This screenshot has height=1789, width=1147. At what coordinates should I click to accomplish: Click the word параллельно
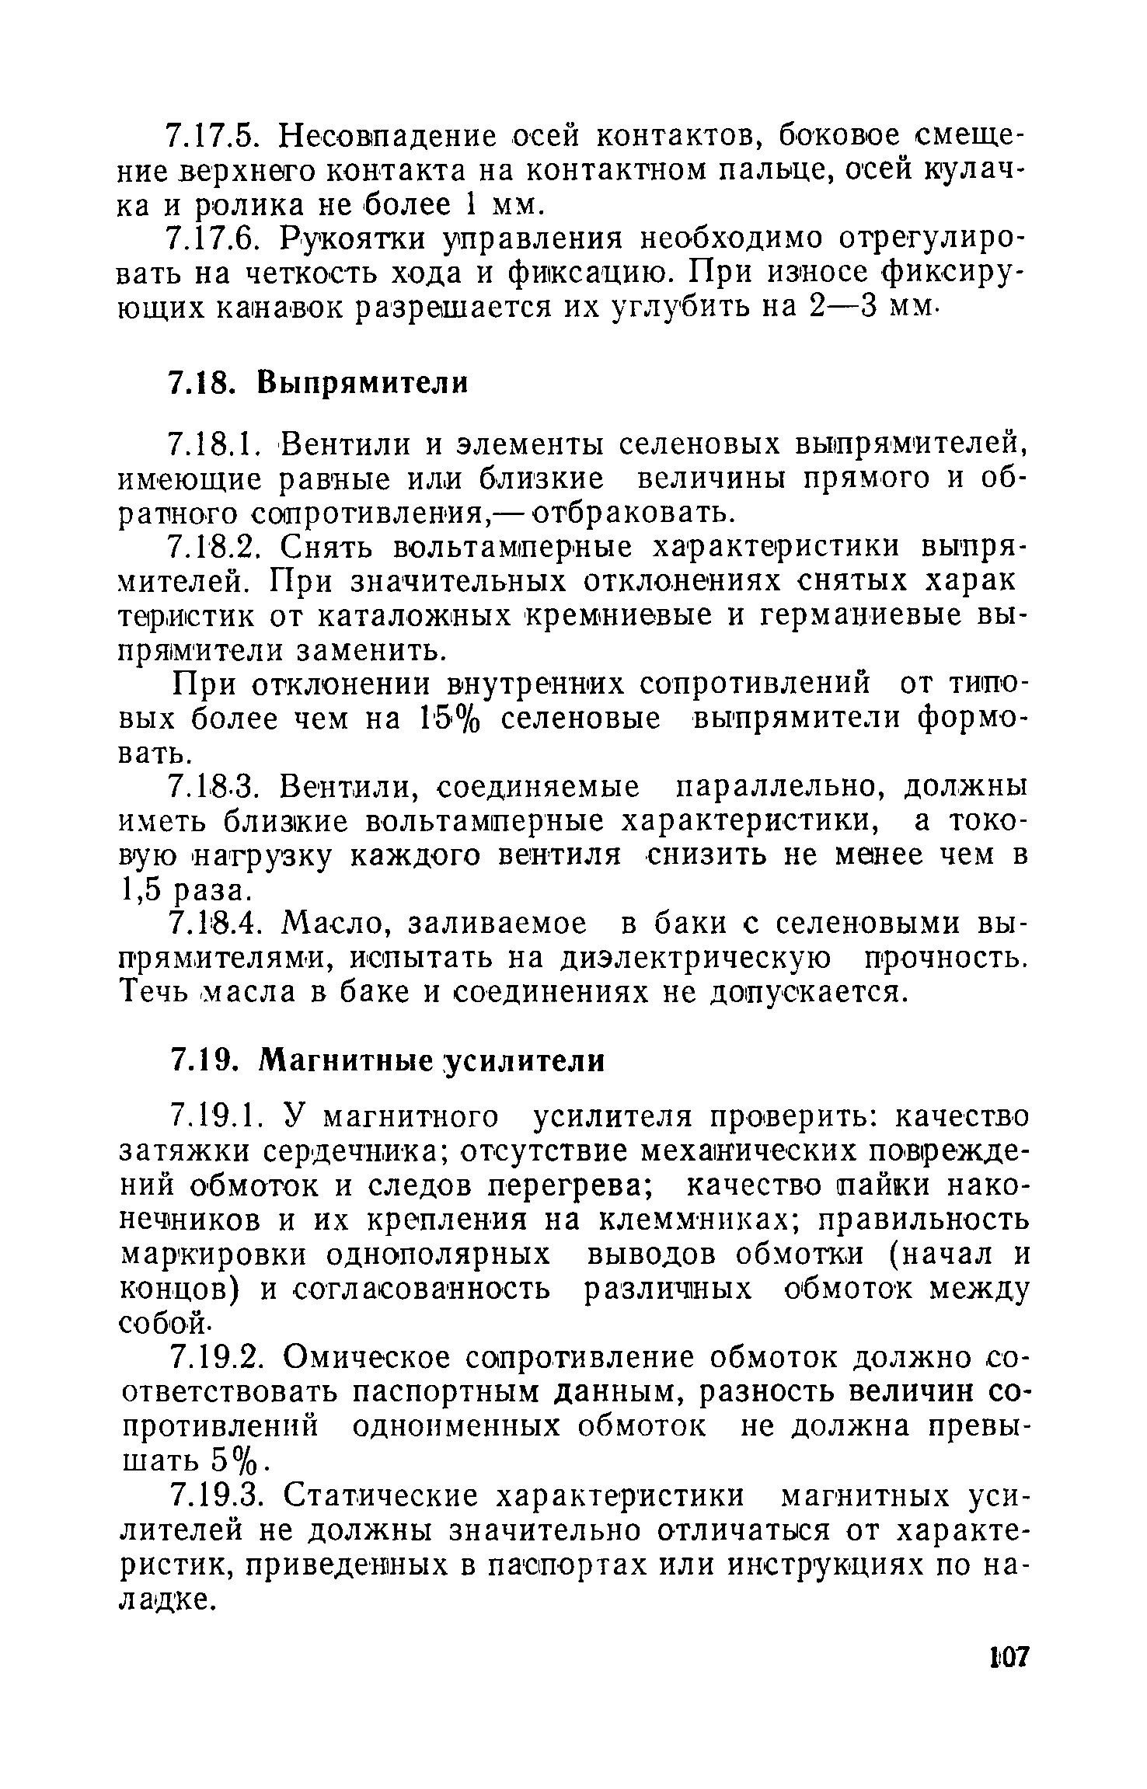784,788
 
